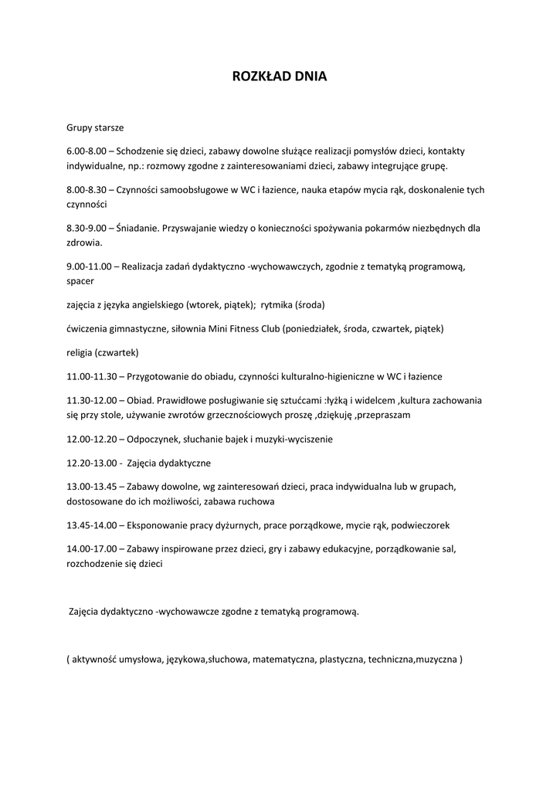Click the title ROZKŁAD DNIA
click(280, 76)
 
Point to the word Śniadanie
click(137, 228)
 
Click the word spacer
click(80, 281)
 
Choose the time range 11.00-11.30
click(91, 376)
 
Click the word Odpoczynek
click(153, 439)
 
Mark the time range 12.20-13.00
click(91, 463)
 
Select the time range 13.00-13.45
click(91, 487)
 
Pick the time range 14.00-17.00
click(91, 549)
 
